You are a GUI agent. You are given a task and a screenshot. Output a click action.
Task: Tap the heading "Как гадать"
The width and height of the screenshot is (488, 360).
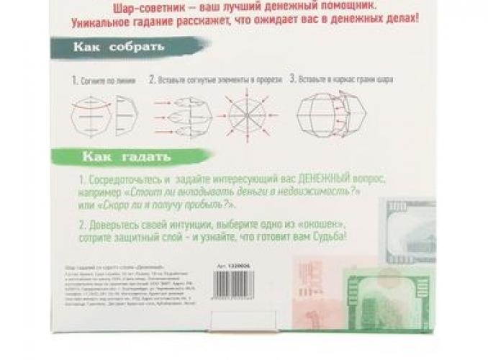126,155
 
